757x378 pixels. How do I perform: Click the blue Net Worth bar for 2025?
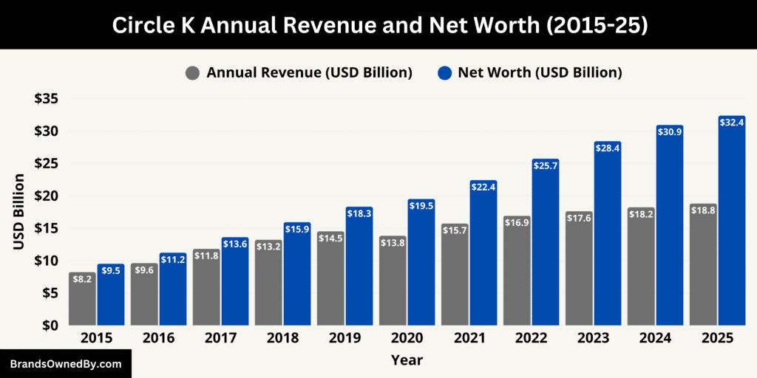point(731,221)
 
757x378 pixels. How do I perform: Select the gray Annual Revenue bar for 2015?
point(83,299)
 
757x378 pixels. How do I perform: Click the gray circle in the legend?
point(194,73)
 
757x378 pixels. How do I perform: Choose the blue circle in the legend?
point(444,73)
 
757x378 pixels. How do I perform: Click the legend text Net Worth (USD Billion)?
point(540,73)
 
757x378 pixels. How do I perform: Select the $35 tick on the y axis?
point(47,99)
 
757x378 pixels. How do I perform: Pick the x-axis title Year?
point(408,360)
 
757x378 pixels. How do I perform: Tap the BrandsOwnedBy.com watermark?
point(65,364)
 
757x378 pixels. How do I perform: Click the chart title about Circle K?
point(378,24)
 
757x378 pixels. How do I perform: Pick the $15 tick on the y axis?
point(47,228)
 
